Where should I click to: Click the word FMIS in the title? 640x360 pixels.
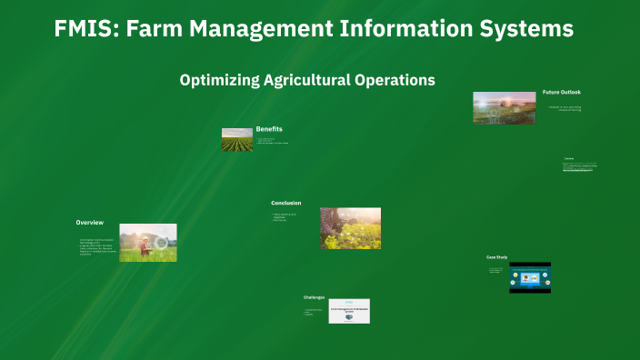click(85, 29)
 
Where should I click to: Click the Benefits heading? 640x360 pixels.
click(269, 129)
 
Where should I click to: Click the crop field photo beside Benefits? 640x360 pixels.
click(236, 139)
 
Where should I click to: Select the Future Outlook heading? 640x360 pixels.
click(561, 92)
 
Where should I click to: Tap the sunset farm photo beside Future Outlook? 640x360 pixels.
click(504, 107)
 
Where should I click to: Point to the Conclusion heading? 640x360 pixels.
click(285, 203)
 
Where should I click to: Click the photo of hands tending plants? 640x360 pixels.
click(350, 227)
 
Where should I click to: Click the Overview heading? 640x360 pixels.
click(89, 223)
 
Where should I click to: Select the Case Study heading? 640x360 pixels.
click(495, 257)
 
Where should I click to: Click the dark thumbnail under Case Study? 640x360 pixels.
click(529, 277)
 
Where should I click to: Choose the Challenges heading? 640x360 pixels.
click(314, 297)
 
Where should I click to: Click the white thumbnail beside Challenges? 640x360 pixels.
click(349, 311)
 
